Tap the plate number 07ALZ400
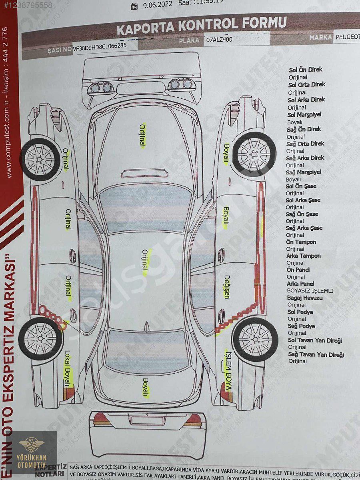pyautogui.click(x=219, y=40)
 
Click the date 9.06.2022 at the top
pyautogui.click(x=157, y=4)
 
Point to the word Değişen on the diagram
pyautogui.click(x=227, y=286)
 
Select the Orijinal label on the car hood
pyautogui.click(x=142, y=136)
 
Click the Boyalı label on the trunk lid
pyautogui.click(x=145, y=387)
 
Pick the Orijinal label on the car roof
pyautogui.click(x=145, y=259)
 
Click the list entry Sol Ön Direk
pyautogui.click(x=306, y=70)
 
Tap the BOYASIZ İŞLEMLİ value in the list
pyautogui.click(x=310, y=291)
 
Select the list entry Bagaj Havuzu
pyautogui.click(x=305, y=298)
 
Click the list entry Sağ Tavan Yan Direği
pyautogui.click(x=316, y=354)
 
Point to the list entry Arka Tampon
pyautogui.click(x=304, y=256)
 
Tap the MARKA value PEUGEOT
pyautogui.click(x=347, y=37)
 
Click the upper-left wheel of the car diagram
pyautogui.click(x=40, y=159)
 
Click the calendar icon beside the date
pyautogui.click(x=134, y=5)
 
